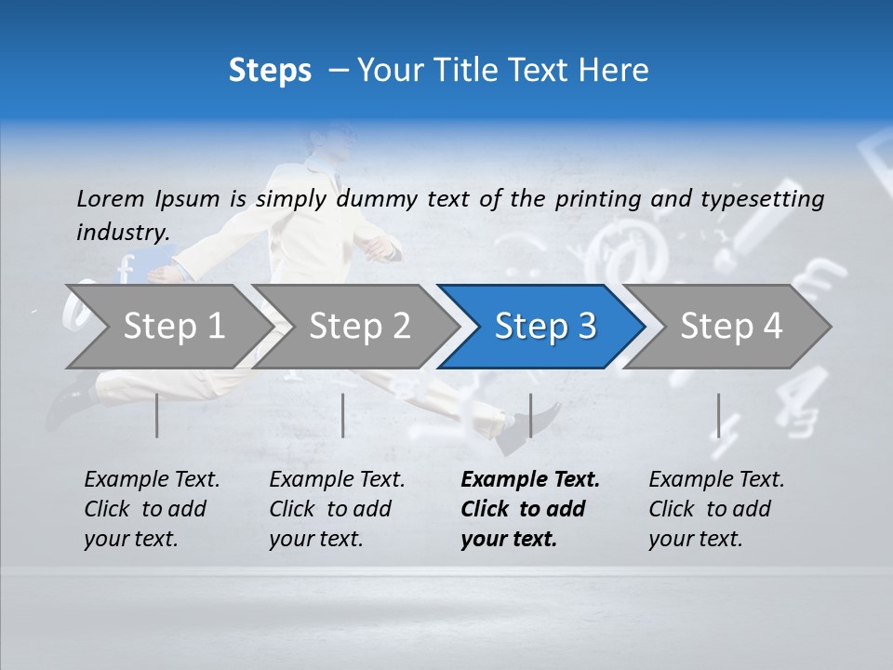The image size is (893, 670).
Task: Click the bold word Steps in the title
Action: [x=270, y=71]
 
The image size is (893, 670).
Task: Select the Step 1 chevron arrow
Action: [x=167, y=327]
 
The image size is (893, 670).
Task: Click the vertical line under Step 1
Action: [x=157, y=415]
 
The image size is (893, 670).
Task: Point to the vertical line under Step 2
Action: [x=343, y=415]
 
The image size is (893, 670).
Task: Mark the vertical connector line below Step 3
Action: [x=530, y=415]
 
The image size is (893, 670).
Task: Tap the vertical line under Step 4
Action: [x=718, y=415]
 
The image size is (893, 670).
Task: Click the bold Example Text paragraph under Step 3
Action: [x=528, y=509]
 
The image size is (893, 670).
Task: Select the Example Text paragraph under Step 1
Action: [x=152, y=509]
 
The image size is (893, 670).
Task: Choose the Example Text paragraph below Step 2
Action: [x=337, y=509]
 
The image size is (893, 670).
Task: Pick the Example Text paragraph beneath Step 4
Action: [x=715, y=509]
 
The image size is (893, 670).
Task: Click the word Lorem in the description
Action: [x=111, y=198]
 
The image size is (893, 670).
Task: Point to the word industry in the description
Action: [x=123, y=232]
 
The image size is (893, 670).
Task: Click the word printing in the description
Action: [x=598, y=198]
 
